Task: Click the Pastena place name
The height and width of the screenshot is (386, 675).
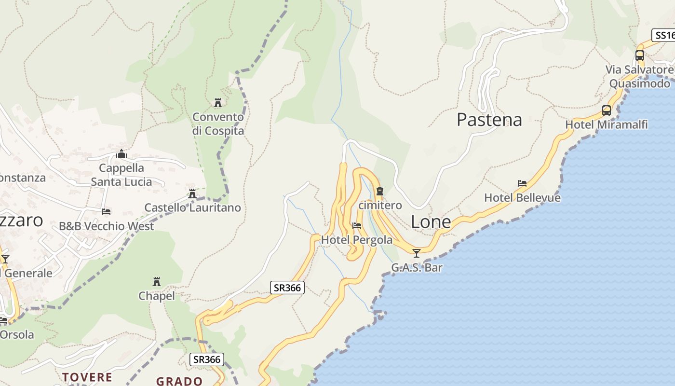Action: coord(489,120)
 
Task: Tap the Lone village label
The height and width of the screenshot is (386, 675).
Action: coord(431,221)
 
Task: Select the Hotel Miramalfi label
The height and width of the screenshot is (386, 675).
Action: coord(606,124)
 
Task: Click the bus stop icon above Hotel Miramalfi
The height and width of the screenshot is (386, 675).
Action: coord(607,110)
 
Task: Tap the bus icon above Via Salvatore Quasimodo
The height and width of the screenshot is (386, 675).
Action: coord(640,55)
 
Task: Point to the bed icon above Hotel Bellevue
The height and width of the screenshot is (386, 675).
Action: coord(522,183)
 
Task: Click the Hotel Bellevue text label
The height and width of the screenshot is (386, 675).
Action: coord(522,198)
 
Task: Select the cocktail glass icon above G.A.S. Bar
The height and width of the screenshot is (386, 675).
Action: coord(417,253)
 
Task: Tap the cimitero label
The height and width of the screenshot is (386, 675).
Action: coord(380,205)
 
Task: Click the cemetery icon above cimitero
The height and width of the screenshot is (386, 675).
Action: coord(380,191)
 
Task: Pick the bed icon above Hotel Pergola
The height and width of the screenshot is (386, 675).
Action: coord(357,225)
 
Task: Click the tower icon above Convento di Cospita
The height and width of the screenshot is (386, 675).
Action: coord(218,102)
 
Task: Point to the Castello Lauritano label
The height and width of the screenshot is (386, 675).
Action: coord(192,207)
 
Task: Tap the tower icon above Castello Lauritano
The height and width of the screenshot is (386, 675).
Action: coord(192,193)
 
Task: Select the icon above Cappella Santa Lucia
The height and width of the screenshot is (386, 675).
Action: coord(121,154)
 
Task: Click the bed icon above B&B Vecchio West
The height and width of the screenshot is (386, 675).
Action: coord(106,212)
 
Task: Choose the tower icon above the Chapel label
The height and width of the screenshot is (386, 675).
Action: coord(157,281)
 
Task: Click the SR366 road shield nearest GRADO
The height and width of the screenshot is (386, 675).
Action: coord(207,359)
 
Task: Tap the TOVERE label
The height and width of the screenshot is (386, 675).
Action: coord(87,377)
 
